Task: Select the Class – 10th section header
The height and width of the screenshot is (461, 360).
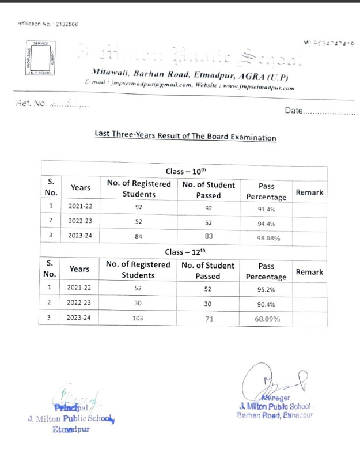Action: (x=185, y=171)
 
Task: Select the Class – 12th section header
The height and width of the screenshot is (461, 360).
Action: (x=185, y=251)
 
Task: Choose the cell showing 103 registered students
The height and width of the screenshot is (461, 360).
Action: (x=138, y=318)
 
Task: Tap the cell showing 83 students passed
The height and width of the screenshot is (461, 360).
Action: (x=209, y=236)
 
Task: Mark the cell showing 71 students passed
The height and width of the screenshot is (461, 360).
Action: (x=209, y=318)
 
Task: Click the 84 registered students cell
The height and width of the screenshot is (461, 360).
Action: (x=138, y=236)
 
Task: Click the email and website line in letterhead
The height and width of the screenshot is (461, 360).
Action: (x=189, y=88)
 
